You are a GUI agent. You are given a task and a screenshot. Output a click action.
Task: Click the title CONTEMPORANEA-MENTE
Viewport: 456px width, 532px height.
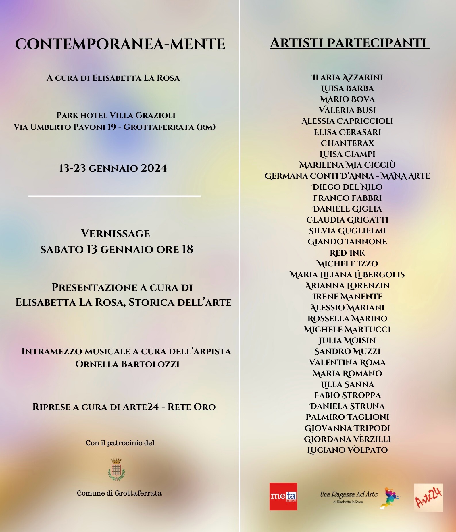(x=120, y=44)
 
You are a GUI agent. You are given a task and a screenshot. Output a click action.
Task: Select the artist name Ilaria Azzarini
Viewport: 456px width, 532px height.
(x=347, y=78)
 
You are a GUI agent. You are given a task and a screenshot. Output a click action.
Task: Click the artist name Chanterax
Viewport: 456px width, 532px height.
(x=347, y=143)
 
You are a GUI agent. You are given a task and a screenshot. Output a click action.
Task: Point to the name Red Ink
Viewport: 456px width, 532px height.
(x=347, y=253)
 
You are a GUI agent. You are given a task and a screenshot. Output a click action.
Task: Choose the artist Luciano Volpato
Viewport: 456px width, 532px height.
(x=347, y=450)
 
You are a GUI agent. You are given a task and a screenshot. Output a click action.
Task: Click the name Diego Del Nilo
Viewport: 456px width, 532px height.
(x=347, y=187)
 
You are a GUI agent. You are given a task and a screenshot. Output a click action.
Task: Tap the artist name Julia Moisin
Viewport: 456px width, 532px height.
(x=347, y=340)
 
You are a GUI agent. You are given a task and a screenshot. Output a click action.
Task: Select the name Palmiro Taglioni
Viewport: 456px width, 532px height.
(x=347, y=417)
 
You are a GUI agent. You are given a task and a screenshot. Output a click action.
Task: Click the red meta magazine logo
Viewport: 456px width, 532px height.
(x=283, y=496)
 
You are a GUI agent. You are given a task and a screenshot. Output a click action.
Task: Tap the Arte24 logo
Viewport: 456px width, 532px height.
(x=428, y=497)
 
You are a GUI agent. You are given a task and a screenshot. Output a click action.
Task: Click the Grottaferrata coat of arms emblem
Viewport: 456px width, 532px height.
(x=116, y=469)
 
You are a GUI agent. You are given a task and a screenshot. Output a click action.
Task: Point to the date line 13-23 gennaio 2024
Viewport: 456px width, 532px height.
(x=113, y=168)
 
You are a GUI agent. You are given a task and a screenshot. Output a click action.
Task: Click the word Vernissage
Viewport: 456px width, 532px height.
(x=115, y=233)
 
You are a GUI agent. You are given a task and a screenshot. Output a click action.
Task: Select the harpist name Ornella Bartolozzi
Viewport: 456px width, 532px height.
(x=127, y=364)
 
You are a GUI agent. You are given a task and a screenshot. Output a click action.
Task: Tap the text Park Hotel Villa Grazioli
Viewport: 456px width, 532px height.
(x=116, y=115)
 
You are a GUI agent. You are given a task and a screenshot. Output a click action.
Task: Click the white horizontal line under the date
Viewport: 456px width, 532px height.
(x=114, y=196)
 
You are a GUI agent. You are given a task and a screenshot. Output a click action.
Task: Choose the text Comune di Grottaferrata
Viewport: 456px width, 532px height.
(x=119, y=493)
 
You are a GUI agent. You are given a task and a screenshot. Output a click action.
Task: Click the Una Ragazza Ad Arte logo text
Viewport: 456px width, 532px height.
(x=349, y=494)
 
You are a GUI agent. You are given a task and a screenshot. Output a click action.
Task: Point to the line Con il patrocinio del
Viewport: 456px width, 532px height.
(x=120, y=443)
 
